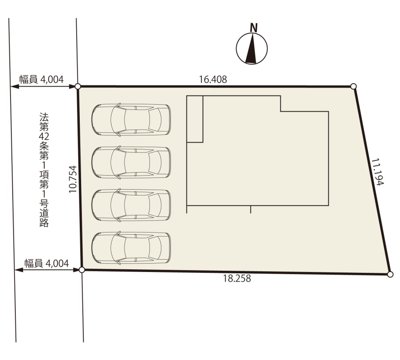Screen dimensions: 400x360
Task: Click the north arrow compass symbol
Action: pos(251,49)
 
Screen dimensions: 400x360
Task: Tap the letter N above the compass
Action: pos(254,28)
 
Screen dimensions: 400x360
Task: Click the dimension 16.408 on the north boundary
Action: pos(213,80)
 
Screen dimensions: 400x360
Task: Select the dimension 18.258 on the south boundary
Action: pos(237,278)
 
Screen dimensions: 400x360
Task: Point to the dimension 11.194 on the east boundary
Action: pos(377,172)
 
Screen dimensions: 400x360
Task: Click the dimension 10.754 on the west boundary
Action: pos(73,179)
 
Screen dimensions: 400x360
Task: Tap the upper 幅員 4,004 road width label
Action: pos(42,80)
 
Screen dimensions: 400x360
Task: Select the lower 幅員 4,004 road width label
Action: pos(47,263)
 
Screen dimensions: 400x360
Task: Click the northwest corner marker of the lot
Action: pos(78,87)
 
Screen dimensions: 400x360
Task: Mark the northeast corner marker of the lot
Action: pos(353,86)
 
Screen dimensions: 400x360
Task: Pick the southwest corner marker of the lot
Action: pos(81,270)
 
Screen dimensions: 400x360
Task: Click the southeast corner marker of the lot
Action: pos(390,274)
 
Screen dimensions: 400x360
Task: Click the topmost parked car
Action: pos(131,120)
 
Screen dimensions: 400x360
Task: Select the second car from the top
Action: pos(131,162)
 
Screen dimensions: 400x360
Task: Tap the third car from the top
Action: pos(131,205)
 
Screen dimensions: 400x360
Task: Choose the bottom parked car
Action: pos(131,248)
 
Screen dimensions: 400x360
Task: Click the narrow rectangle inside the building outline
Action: pos(195,119)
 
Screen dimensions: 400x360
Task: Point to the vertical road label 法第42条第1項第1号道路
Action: pos(44,170)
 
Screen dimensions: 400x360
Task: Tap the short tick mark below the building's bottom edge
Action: pos(251,209)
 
